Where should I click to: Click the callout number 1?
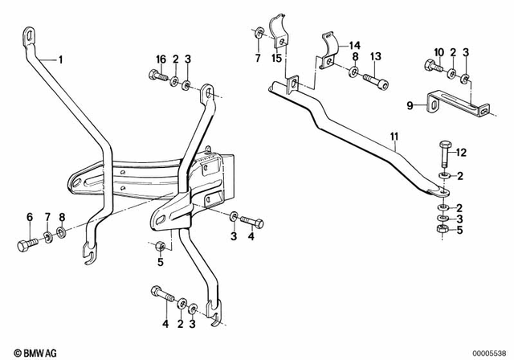[x=59, y=59]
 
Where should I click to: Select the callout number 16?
[x=161, y=59]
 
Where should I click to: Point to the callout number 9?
[x=410, y=104]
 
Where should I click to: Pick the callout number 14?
[x=355, y=46]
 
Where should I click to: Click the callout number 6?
[x=30, y=218]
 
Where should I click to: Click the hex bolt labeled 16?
[x=158, y=78]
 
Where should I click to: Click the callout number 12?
[x=461, y=153]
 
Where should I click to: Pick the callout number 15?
[x=277, y=59]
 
